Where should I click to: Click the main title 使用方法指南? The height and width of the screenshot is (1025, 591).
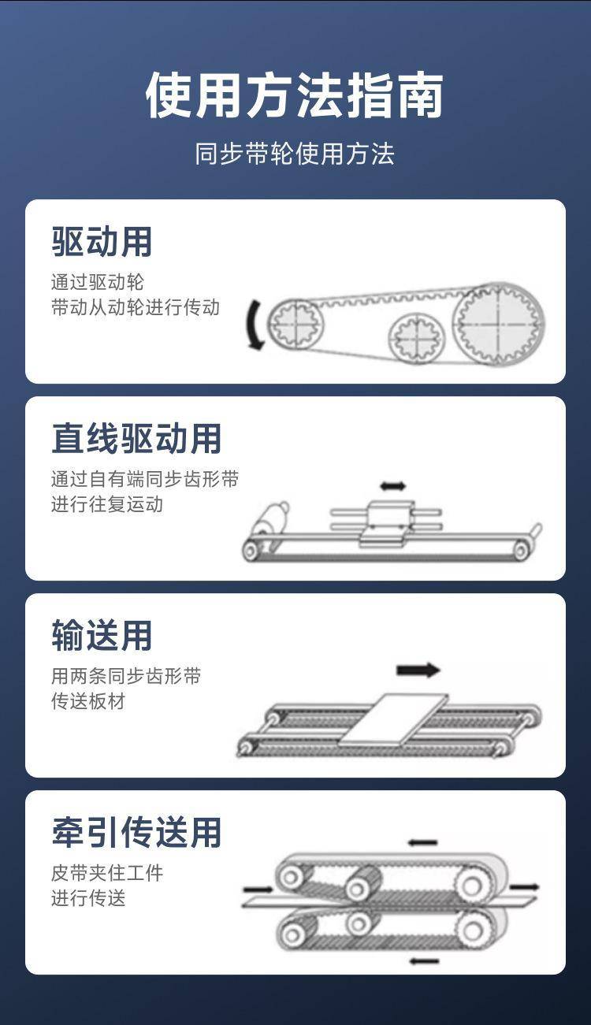(x=295, y=95)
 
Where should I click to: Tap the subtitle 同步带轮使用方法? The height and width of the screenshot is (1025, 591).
(x=295, y=154)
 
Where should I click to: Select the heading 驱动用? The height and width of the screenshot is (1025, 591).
(x=101, y=242)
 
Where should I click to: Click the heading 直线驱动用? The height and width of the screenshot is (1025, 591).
(x=136, y=438)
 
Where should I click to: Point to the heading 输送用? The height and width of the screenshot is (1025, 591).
(x=101, y=635)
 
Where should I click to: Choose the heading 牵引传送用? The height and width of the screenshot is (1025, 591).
(x=136, y=832)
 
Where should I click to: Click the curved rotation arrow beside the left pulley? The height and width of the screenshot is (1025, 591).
(x=253, y=325)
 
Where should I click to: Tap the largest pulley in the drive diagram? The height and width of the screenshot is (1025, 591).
(x=499, y=324)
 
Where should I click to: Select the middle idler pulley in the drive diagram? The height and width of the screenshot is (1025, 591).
(x=417, y=338)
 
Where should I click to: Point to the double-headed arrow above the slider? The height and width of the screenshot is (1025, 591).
(x=393, y=485)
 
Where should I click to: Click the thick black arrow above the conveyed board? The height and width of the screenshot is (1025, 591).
(x=418, y=670)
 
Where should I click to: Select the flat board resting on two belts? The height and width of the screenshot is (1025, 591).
(x=394, y=720)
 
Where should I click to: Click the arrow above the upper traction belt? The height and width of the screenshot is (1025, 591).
(x=423, y=842)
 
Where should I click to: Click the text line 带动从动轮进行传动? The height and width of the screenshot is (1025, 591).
(x=136, y=307)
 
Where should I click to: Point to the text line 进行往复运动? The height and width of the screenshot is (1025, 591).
(x=107, y=504)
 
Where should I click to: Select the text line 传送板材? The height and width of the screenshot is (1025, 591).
(x=88, y=701)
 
